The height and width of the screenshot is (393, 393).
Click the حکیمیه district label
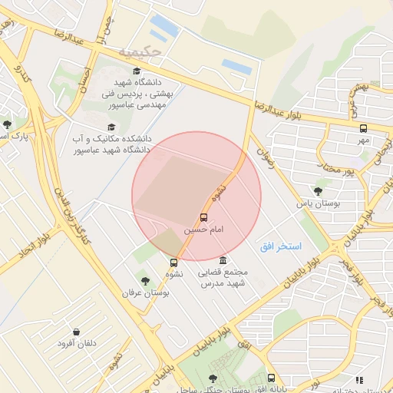click(141, 52)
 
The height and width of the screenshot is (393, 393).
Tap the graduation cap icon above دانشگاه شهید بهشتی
click(137, 71)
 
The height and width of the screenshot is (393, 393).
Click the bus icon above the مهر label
click(363, 128)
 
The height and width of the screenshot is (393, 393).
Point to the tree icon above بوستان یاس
click(319, 191)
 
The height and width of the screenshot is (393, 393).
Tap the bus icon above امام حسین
click(203, 217)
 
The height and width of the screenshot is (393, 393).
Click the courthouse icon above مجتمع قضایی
click(223, 260)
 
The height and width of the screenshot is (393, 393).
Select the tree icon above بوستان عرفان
click(145, 280)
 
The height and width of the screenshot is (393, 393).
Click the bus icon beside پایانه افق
click(271, 378)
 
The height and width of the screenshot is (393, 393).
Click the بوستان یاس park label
click(319, 204)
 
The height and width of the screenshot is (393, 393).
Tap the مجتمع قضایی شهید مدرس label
click(223, 278)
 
